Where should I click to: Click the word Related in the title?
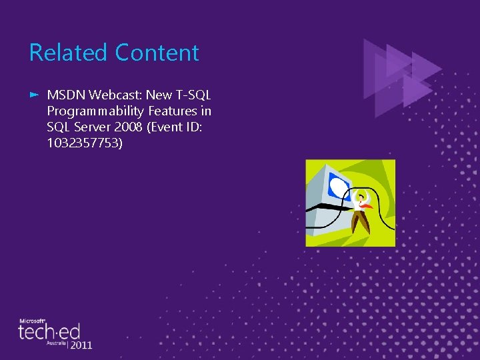pos(68,53)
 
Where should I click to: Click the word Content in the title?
pos(157,53)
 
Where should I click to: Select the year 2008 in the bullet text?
pos(129,127)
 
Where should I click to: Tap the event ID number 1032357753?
pos(85,142)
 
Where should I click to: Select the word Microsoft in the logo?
pos(31,320)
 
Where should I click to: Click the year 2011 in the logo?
pos(81,345)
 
